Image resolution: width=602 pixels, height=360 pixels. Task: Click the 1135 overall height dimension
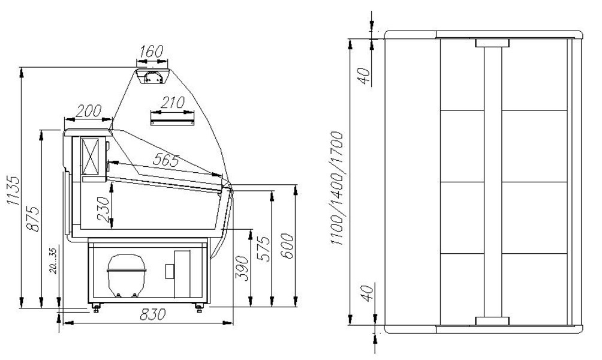coord(13,191)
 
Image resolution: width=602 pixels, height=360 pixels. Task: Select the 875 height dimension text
coord(33,219)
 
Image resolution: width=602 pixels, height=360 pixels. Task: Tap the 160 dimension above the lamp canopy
coord(151,51)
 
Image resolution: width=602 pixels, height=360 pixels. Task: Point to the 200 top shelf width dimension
coord(89,110)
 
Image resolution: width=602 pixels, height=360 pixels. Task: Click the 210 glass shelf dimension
coord(172,103)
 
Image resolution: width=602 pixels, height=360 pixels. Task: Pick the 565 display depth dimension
coord(166,160)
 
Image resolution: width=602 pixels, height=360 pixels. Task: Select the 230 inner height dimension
coord(103,209)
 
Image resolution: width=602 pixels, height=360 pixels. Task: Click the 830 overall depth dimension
coord(153,314)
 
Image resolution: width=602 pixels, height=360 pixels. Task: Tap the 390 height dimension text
coord(242,268)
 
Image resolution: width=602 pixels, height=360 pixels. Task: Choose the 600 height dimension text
coord(287,246)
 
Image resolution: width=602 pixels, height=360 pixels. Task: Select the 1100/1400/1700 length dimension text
coord(336,188)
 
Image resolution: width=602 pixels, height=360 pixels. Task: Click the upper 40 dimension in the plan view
coord(364,76)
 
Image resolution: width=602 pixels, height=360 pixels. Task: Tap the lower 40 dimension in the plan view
coord(368,293)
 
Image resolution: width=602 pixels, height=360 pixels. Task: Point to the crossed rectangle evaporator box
coord(90,157)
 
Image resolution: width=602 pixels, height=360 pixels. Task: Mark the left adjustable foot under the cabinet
coord(95,307)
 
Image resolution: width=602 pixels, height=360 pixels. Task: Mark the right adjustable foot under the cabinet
coord(199,307)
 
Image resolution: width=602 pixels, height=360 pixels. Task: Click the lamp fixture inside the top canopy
coord(152,77)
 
